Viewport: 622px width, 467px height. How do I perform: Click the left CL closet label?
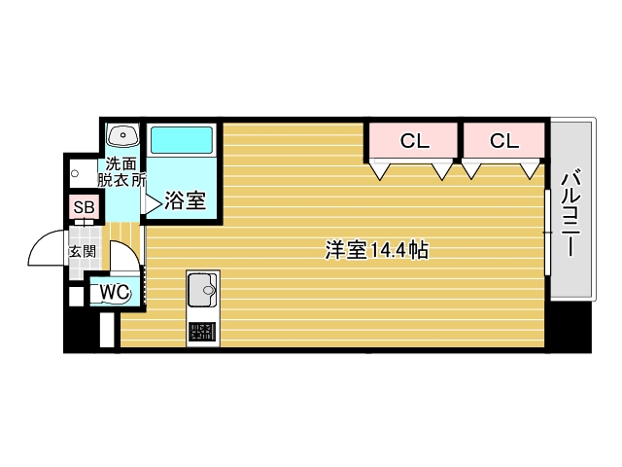(414, 141)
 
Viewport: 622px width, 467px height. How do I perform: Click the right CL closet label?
(503, 141)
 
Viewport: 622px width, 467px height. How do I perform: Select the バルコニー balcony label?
(571, 213)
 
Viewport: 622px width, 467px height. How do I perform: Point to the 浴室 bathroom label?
(185, 201)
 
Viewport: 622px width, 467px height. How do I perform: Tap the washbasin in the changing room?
(122, 135)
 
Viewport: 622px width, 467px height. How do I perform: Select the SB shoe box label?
(84, 207)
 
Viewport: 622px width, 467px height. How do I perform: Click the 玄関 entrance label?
(81, 250)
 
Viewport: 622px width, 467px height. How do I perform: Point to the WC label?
(114, 291)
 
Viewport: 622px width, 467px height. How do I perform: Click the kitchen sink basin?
(203, 289)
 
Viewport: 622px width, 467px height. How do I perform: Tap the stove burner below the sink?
(203, 331)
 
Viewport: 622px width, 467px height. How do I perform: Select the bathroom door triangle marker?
(152, 202)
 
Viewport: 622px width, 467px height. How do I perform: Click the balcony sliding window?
(548, 233)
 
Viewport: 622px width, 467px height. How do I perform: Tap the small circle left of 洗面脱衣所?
(75, 172)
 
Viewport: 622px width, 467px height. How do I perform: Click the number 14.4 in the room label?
(387, 250)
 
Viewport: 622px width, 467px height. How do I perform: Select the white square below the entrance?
(76, 297)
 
